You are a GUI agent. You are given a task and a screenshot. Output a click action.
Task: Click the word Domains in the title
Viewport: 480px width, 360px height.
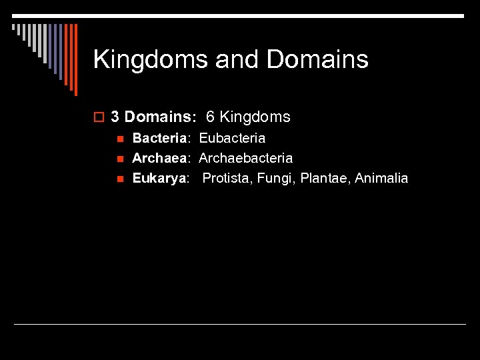pos(317,60)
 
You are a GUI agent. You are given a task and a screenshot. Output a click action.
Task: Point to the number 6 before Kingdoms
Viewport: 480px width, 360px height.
pos(210,117)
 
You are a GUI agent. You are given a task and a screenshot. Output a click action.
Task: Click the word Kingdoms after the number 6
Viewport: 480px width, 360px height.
pos(255,117)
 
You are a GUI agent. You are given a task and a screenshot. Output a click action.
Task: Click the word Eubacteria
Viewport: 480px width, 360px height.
pos(232,139)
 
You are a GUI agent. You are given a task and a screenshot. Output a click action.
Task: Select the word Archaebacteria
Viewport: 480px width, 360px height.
pos(245,159)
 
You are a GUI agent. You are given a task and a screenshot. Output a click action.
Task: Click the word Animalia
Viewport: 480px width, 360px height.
pos(381,179)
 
